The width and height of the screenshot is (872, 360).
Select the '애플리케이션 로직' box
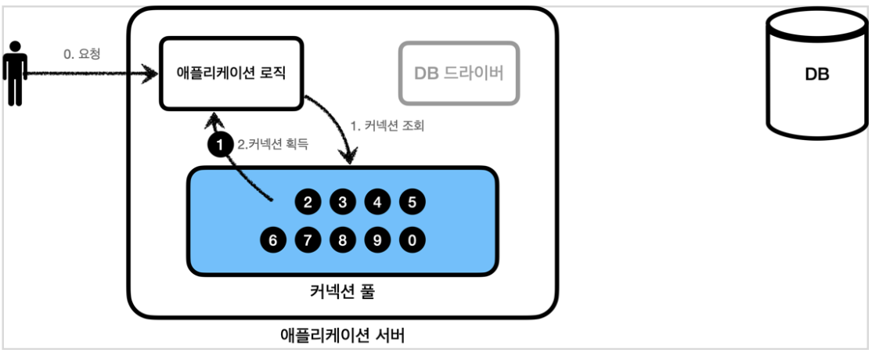231,73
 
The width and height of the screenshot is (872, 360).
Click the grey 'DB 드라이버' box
459,74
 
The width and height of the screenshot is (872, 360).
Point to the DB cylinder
816,75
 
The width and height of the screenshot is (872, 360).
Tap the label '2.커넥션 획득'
272,144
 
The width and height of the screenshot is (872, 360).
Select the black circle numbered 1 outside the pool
220,144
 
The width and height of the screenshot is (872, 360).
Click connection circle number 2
308,203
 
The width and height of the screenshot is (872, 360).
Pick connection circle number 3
342,203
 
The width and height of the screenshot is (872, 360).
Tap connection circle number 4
377,203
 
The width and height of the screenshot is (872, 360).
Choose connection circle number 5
412,203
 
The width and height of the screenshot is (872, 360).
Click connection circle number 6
273,239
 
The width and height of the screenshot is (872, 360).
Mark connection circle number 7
308,239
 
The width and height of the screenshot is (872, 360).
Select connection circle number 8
342,239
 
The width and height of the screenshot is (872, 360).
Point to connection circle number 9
377,239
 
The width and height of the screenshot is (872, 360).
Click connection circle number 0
412,239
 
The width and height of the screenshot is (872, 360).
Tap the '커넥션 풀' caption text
343,293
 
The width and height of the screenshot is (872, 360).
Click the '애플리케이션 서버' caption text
342,337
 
